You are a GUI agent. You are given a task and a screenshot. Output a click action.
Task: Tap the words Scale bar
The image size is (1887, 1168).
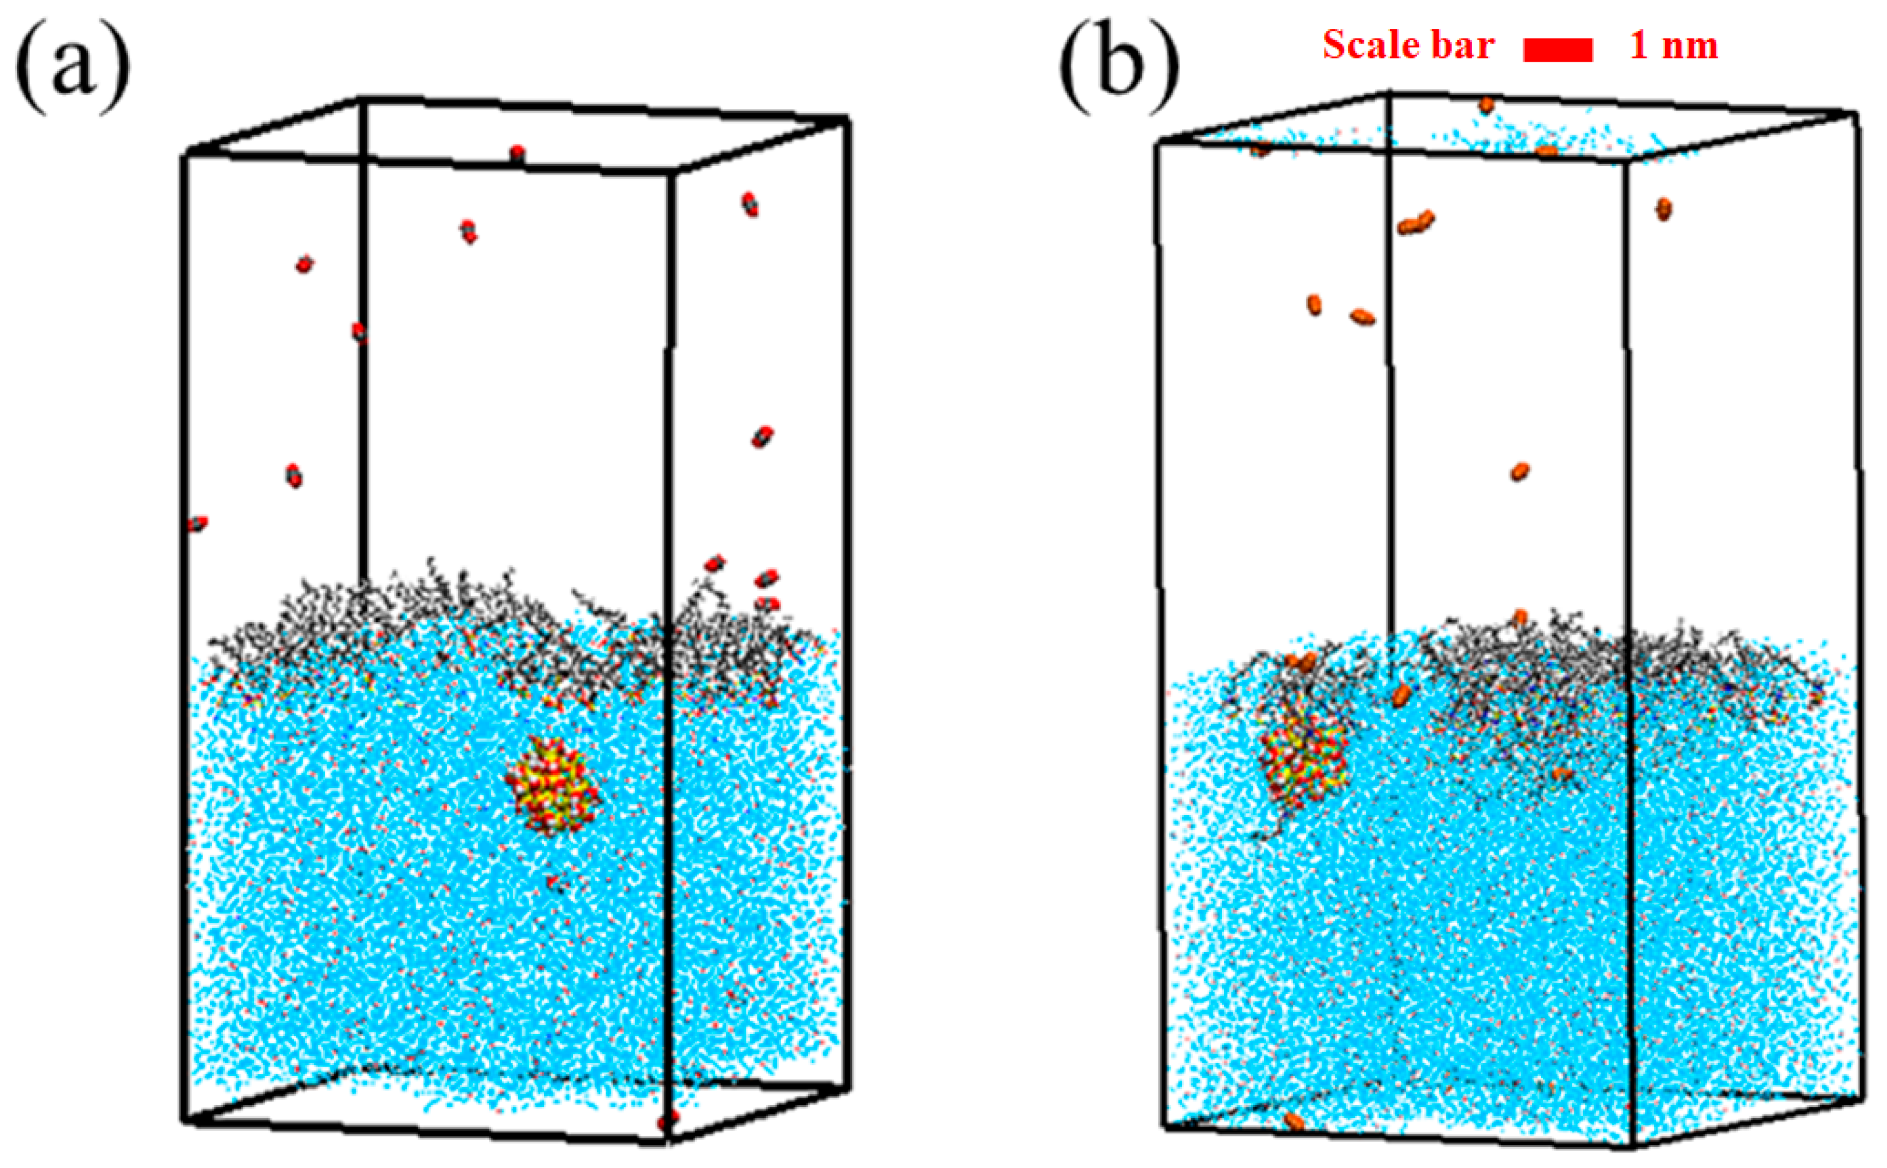1408,45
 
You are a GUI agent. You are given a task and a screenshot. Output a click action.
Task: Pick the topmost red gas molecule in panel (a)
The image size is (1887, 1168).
518,153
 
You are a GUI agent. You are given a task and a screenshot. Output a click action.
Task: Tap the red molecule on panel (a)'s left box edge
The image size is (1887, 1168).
198,524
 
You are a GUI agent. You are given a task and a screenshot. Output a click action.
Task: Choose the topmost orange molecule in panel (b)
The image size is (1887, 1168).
1486,104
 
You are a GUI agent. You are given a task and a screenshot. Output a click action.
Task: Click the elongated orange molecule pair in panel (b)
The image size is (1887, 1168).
1416,222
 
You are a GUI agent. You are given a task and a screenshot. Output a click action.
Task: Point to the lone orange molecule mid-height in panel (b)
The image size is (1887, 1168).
1520,470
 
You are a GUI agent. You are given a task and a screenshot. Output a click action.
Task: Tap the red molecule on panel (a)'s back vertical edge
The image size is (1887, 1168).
359,331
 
